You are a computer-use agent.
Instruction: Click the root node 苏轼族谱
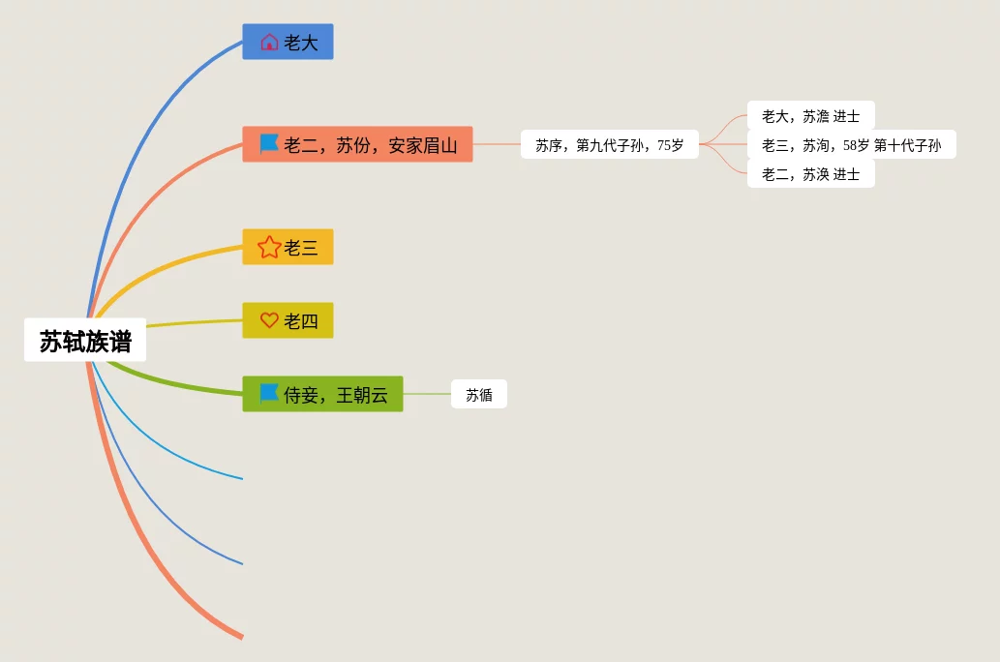tap(85, 341)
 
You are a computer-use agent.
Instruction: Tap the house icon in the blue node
tap(269, 43)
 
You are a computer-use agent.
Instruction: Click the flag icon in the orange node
tap(269, 144)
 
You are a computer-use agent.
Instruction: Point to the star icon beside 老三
tap(269, 247)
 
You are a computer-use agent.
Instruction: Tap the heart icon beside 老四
tap(269, 320)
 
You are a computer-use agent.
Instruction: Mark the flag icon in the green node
tap(269, 393)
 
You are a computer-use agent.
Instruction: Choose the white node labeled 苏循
tap(479, 395)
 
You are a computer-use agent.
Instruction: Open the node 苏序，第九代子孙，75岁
tap(609, 145)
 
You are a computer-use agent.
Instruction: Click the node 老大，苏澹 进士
tap(810, 116)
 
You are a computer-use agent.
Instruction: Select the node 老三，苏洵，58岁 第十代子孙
tap(851, 145)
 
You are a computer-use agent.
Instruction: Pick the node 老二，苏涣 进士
tap(810, 174)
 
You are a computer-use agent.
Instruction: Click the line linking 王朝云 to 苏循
tap(427, 395)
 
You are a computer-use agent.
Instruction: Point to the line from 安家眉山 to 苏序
tap(497, 144)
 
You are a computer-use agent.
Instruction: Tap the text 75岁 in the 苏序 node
tap(671, 145)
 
